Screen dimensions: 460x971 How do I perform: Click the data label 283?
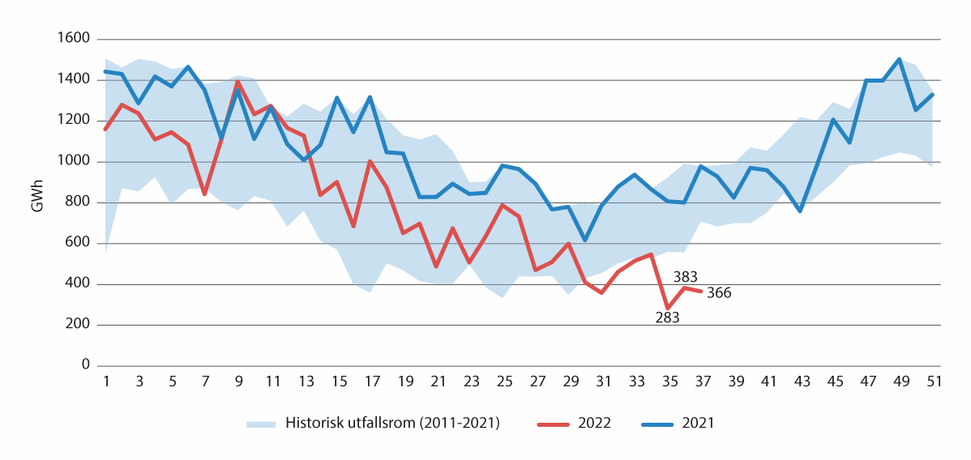pyautogui.click(x=667, y=317)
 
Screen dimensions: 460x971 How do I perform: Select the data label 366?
pyautogui.click(x=718, y=293)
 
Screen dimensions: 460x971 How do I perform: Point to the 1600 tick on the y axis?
pyautogui.click(x=73, y=39)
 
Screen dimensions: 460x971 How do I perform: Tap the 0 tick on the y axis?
pyautogui.click(x=83, y=366)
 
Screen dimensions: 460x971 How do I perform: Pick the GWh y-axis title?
pyautogui.click(x=37, y=202)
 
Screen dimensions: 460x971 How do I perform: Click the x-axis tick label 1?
pyautogui.click(x=105, y=381)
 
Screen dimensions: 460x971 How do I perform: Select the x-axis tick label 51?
pyautogui.click(x=933, y=381)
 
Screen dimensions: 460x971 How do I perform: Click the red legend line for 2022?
pyautogui.click(x=556, y=423)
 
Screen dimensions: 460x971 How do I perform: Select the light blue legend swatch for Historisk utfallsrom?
pyautogui.click(x=260, y=423)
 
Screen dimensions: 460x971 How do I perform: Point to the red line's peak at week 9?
pyautogui.click(x=237, y=82)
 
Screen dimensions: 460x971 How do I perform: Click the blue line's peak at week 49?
pyautogui.click(x=900, y=59)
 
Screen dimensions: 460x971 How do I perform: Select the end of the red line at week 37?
pyautogui.click(x=701, y=291)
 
